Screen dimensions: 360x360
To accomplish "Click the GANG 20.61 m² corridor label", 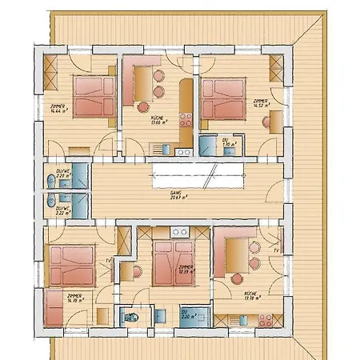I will tap(176, 195).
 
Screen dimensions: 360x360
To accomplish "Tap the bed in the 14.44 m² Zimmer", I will tap(95, 96).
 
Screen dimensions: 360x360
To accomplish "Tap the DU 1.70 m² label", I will tap(227, 142).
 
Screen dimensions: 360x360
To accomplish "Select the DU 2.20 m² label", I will tap(185, 314).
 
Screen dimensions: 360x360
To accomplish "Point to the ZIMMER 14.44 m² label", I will tap(58, 109).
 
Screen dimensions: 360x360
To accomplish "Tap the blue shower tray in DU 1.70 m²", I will tap(208, 145).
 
